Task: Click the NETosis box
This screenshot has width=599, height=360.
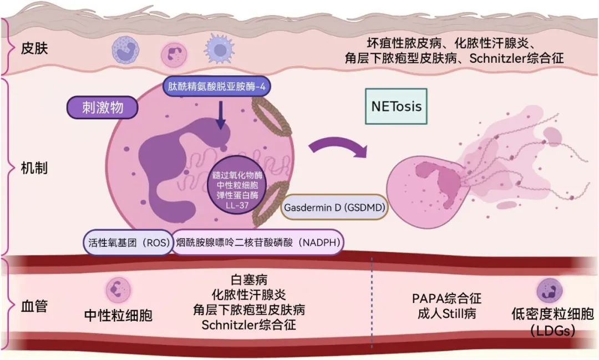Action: tap(396, 107)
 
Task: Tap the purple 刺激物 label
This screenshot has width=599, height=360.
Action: tap(103, 108)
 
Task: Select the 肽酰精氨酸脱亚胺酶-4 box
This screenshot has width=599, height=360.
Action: tap(217, 87)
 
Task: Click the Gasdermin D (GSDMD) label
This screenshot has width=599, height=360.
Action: tap(334, 207)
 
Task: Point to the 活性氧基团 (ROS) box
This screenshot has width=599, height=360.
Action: tap(129, 242)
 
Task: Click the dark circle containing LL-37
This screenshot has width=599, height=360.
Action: tap(237, 185)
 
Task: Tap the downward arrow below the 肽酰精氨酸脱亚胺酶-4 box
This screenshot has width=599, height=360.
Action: tap(220, 115)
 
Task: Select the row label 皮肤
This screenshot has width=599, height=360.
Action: tap(34, 48)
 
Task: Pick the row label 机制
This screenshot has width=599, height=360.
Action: tap(34, 168)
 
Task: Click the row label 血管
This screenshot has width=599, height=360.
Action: tap(34, 306)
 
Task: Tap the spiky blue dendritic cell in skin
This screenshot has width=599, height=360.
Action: tap(219, 49)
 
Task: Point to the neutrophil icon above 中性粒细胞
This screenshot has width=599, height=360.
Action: tap(119, 290)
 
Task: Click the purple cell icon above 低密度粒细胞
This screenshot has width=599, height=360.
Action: tap(550, 291)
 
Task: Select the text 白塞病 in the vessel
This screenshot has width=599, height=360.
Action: tap(249, 280)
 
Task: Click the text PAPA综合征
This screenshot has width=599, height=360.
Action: tap(446, 298)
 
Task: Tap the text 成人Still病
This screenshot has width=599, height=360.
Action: tap(446, 314)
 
